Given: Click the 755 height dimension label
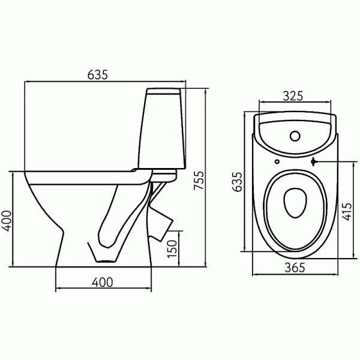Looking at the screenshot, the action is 199,180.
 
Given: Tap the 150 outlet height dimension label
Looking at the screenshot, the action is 172,248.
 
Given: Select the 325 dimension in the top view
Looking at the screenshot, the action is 293,96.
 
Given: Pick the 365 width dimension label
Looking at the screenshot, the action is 295,268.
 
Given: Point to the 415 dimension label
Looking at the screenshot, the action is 347,212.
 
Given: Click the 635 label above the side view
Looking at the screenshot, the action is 98,74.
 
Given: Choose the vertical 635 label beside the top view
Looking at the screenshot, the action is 237,182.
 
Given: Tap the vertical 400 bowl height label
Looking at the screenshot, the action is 7,221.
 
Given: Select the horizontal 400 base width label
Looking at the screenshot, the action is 103,282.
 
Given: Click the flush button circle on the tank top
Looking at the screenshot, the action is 295,136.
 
